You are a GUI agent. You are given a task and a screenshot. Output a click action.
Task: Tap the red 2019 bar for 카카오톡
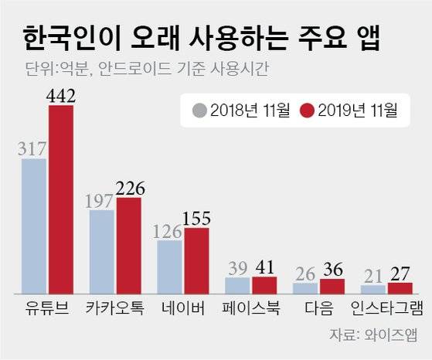click(x=128, y=246)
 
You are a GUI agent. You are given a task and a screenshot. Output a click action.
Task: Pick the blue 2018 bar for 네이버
click(x=170, y=267)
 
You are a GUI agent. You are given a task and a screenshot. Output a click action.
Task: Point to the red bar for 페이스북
click(x=264, y=285)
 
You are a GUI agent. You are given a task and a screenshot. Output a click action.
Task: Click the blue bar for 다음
click(x=304, y=288)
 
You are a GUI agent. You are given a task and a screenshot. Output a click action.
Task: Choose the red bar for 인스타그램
click(x=399, y=288)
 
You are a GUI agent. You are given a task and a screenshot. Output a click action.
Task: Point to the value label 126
click(x=169, y=230)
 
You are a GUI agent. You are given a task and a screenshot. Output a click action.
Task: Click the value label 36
click(x=332, y=270)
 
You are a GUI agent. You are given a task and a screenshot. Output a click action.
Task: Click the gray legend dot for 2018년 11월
click(x=199, y=111)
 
